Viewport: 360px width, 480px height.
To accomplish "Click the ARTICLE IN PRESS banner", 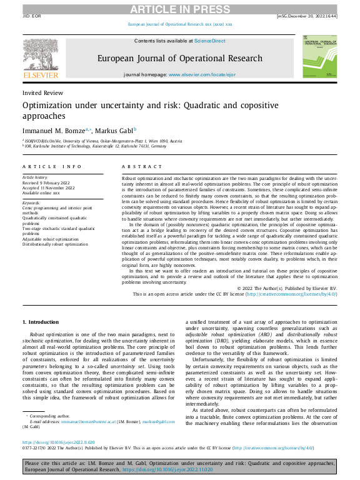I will coord(179,9).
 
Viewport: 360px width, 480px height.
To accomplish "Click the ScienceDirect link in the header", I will coord(209,41).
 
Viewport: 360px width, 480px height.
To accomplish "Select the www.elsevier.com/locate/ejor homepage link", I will coord(201,74).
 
